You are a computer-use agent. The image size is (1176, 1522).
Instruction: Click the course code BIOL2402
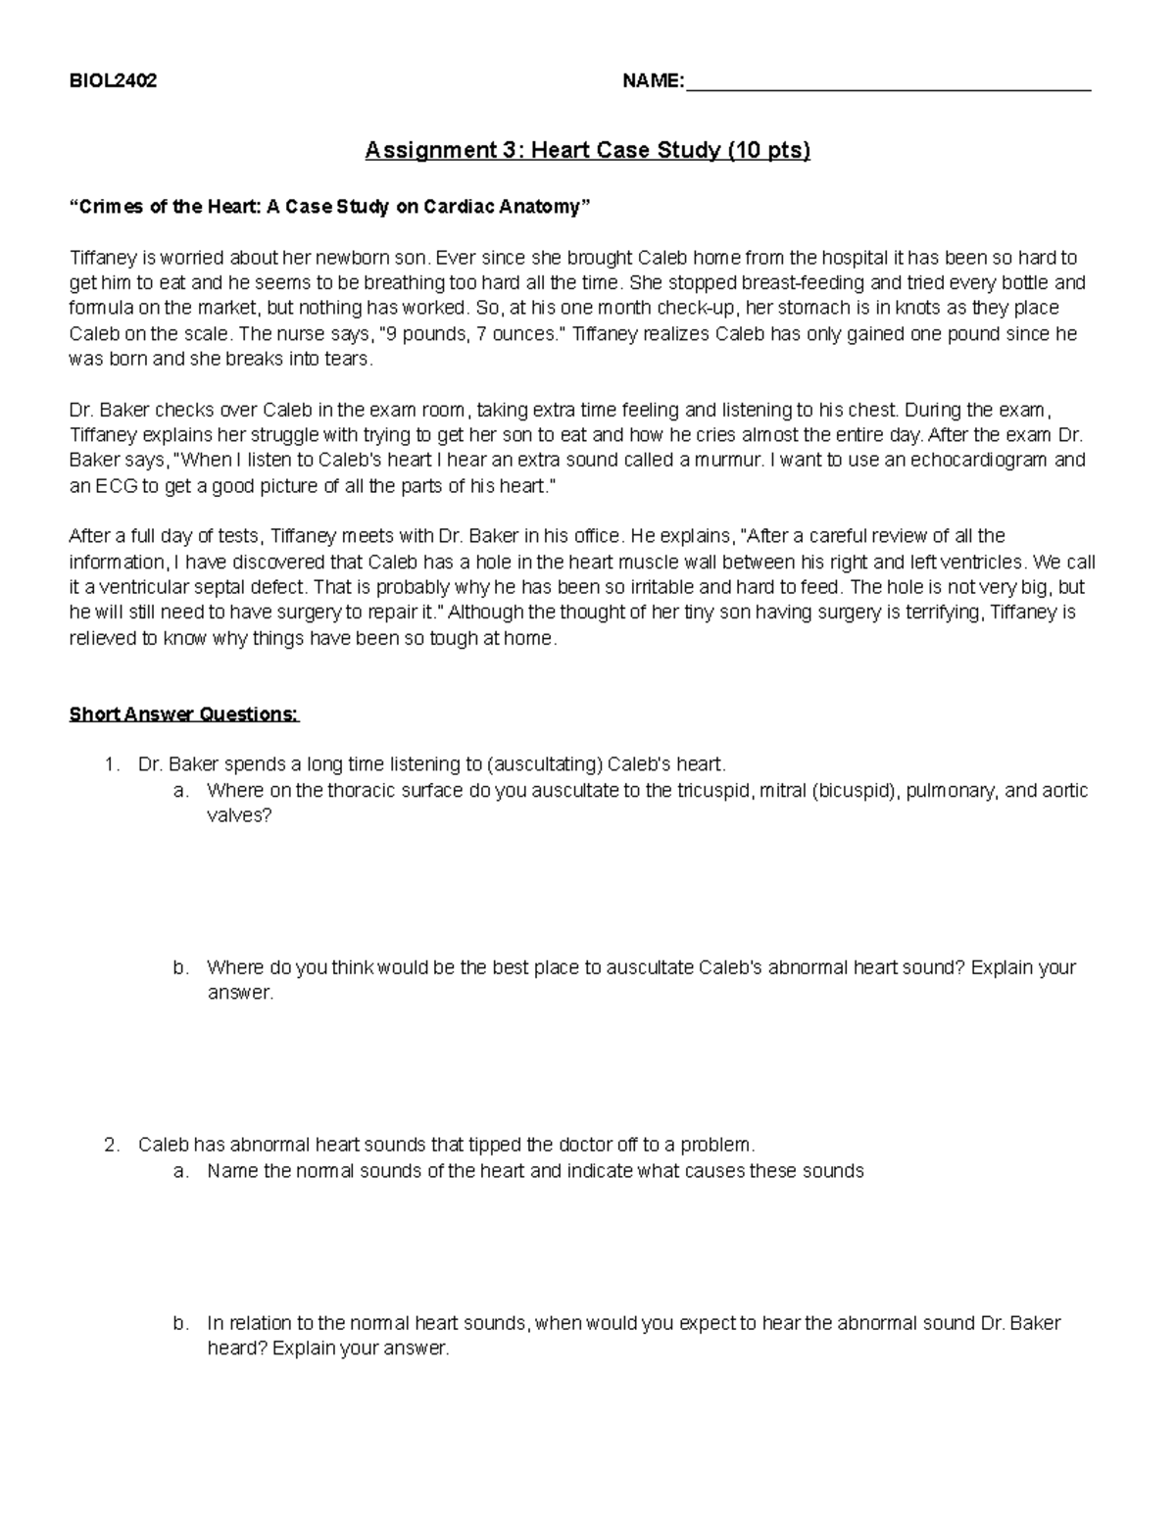[113, 81]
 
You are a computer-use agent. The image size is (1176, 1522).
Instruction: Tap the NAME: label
[654, 81]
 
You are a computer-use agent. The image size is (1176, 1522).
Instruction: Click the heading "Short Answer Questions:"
[184, 714]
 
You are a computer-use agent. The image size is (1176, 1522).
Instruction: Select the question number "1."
[112, 764]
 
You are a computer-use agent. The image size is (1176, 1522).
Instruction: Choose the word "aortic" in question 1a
[1063, 790]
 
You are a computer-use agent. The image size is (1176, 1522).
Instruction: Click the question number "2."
[112, 1145]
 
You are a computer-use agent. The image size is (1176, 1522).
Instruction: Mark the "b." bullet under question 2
[180, 1323]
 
